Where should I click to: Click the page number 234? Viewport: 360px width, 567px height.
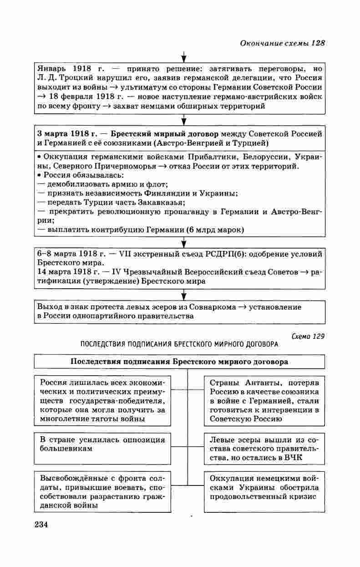pos(41,524)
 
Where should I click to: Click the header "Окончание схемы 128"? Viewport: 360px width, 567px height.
pos(282,43)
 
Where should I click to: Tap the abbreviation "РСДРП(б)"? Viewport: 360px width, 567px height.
pos(223,254)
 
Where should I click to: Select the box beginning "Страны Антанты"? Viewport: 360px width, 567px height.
pos(264,401)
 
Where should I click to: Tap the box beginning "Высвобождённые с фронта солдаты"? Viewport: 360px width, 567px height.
pos(102,492)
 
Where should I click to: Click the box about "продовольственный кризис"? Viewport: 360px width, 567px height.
pos(264,487)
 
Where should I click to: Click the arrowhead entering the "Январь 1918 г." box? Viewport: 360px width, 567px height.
pos(183,58)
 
